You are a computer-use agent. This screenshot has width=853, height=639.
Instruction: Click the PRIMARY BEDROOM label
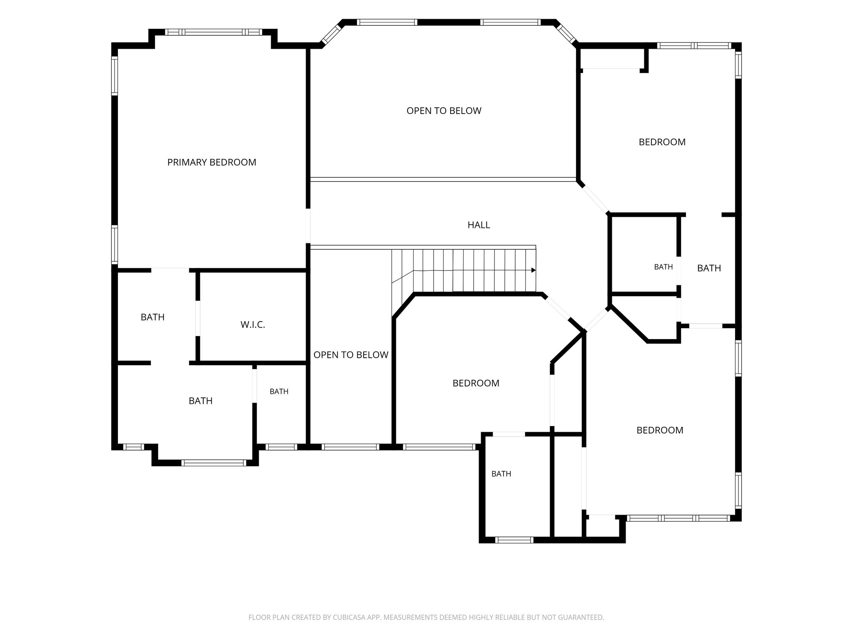(212, 162)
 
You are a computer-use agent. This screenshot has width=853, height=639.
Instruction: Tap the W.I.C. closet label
(253, 325)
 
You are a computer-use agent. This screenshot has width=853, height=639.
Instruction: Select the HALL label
(479, 225)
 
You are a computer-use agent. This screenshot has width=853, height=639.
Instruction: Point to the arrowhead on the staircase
(534, 270)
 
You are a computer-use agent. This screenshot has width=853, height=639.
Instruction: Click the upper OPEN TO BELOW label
(444, 111)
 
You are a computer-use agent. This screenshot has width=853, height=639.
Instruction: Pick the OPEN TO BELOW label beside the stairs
(351, 355)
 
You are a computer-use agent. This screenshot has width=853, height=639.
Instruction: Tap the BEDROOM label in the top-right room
(662, 142)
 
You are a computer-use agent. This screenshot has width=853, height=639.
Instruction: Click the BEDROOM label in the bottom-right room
(660, 430)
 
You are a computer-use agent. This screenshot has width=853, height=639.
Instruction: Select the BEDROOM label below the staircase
(476, 383)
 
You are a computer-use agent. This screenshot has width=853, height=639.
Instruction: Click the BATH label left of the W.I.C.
(152, 317)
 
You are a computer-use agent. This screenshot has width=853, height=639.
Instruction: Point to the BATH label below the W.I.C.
(201, 401)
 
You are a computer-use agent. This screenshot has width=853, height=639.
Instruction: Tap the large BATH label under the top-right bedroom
(709, 268)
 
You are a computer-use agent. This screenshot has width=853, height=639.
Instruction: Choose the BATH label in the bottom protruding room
(501, 474)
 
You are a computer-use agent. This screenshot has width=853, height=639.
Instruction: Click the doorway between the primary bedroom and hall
(308, 226)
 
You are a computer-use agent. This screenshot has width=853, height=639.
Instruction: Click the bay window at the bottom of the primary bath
(214, 463)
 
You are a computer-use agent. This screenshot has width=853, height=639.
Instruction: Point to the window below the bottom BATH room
(514, 540)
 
